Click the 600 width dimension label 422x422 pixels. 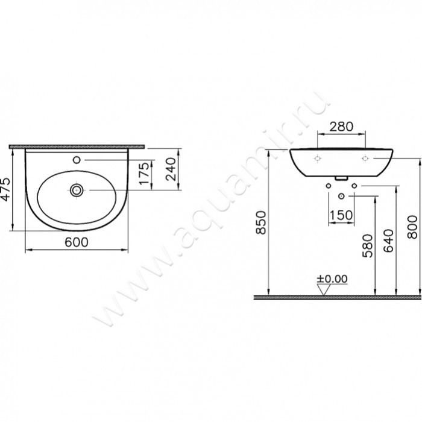(x=77, y=242)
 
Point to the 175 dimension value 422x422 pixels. (x=144, y=173)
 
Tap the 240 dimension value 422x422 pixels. (x=171, y=169)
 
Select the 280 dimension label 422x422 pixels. (x=341, y=127)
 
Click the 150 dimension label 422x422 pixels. (x=341, y=215)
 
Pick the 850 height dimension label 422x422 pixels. (x=261, y=222)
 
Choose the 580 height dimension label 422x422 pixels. (x=368, y=246)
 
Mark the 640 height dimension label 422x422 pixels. (x=388, y=241)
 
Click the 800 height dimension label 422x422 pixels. (x=412, y=227)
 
